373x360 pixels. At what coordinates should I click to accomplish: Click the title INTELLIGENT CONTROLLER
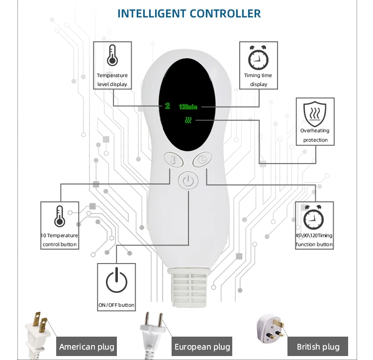coord(189,13)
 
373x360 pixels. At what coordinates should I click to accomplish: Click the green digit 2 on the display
coord(168,105)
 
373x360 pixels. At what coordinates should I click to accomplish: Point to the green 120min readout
coord(188,106)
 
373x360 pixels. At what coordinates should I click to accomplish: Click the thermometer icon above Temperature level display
coord(112,55)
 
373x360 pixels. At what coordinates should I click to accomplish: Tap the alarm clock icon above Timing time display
coord(258,58)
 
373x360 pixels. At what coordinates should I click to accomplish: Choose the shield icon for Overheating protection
coord(314,113)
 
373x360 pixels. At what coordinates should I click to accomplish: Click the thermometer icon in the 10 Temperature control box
coord(60,216)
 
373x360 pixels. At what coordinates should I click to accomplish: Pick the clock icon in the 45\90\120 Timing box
coord(314,217)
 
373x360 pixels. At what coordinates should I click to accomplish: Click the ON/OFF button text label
coord(116,305)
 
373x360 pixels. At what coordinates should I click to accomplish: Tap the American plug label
coord(87,347)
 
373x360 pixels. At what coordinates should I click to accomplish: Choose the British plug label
coord(318,347)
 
